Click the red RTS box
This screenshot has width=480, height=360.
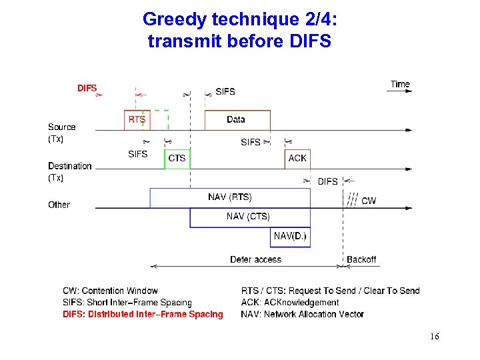pyautogui.click(x=137, y=120)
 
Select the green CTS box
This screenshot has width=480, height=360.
pyautogui.click(x=177, y=159)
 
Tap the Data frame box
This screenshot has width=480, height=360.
pyautogui.click(x=237, y=120)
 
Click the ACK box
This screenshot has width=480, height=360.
pyautogui.click(x=297, y=159)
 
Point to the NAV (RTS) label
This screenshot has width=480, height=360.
pyautogui.click(x=229, y=197)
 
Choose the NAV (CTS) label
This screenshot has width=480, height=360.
pyautogui.click(x=248, y=216)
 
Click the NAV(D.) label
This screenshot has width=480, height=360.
pyautogui.click(x=291, y=236)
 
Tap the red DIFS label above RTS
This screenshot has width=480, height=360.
pyautogui.click(x=87, y=88)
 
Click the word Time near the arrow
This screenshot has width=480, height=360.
pyautogui.click(x=400, y=84)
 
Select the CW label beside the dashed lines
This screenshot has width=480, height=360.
pyautogui.click(x=368, y=201)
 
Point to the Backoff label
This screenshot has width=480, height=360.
pyautogui.click(x=361, y=259)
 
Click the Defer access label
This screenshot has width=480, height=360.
pyautogui.click(x=255, y=259)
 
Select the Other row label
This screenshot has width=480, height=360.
pyautogui.click(x=59, y=205)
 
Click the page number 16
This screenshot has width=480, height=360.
pyautogui.click(x=434, y=337)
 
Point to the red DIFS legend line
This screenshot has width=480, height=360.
pyautogui.click(x=143, y=314)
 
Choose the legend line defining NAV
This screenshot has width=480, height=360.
pyautogui.click(x=302, y=314)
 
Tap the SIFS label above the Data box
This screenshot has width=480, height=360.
pyautogui.click(x=225, y=91)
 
